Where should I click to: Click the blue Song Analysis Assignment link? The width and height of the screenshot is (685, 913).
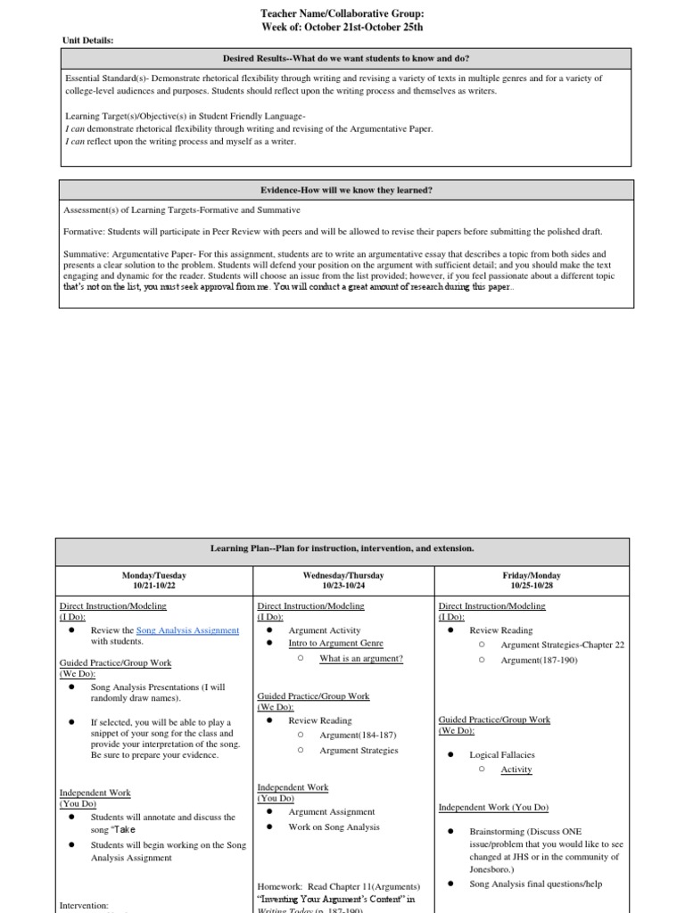click(x=187, y=630)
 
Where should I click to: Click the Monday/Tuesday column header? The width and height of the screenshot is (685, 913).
click(x=154, y=576)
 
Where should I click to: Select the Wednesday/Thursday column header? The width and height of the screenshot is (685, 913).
click(x=342, y=576)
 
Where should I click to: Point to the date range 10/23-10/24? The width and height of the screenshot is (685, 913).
click(x=342, y=586)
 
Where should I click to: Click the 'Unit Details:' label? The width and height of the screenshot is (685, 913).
click(x=87, y=40)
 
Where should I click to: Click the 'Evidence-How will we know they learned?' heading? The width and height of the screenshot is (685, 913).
click(x=346, y=190)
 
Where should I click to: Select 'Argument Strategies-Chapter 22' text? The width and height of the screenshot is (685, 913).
click(x=563, y=645)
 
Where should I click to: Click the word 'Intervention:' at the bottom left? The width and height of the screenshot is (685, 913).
click(x=84, y=905)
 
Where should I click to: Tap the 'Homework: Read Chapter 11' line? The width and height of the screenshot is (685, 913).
click(x=338, y=886)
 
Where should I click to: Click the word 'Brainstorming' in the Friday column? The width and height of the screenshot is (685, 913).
click(x=498, y=831)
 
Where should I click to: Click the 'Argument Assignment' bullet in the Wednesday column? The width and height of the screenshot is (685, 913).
click(x=331, y=812)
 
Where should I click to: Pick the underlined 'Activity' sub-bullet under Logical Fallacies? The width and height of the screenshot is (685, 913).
click(x=516, y=769)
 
